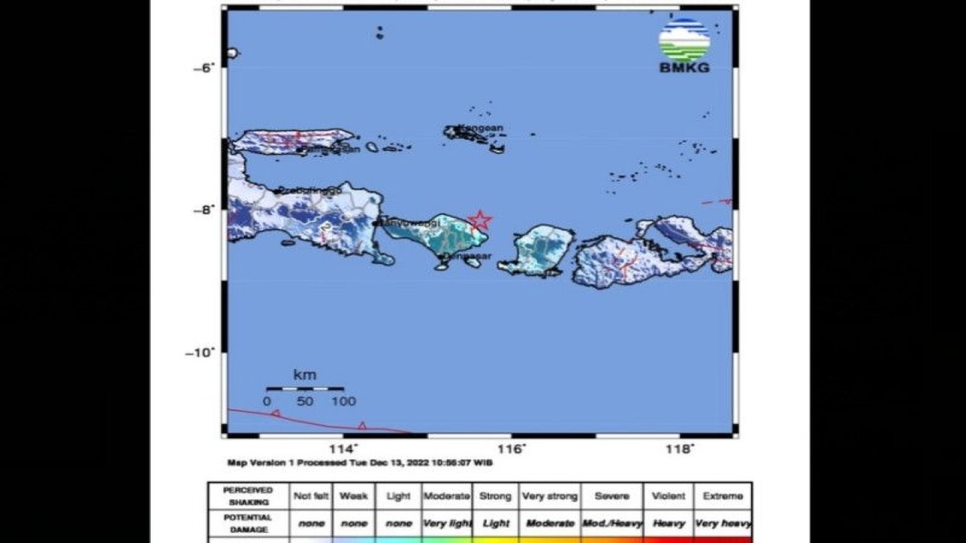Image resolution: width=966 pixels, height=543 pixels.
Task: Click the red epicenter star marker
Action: pos(480,220)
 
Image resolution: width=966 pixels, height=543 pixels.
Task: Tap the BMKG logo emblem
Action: pos(684,40)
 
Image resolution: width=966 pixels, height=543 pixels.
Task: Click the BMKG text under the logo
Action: pos(684,68)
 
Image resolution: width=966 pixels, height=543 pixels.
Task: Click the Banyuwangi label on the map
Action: pos(411,223)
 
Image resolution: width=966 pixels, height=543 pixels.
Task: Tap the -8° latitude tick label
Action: pos(204,210)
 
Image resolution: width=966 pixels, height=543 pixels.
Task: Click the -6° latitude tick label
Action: pos(204,68)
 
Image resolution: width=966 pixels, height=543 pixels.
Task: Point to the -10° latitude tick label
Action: pos(201,352)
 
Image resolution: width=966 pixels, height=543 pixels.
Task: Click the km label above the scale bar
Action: pos(305,375)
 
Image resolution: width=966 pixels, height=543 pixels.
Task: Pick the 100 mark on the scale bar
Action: pos(343,401)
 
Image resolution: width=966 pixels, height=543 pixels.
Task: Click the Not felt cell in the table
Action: pos(311,496)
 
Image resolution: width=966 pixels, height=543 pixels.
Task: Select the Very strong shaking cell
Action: pos(549,496)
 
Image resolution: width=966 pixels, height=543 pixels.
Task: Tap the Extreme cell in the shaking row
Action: pos(722,496)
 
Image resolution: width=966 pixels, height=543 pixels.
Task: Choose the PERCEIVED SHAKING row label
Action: pos(248,495)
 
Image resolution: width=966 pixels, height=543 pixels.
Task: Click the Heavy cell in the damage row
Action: pos(669,523)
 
